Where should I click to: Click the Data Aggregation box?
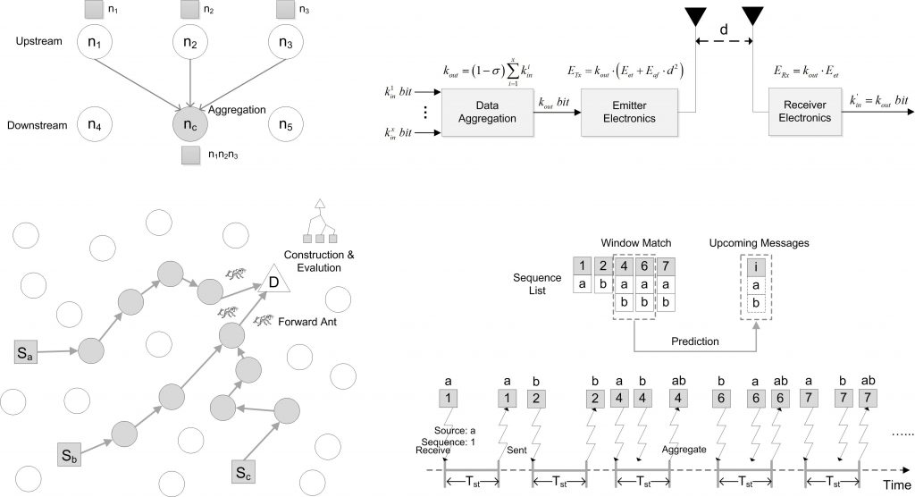(483, 112)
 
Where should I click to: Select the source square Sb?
(71, 454)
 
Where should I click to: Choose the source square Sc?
(244, 470)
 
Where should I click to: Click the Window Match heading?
(637, 242)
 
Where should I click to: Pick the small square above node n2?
(189, 10)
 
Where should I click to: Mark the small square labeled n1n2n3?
(189, 156)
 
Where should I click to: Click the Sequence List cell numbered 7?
(665, 265)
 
